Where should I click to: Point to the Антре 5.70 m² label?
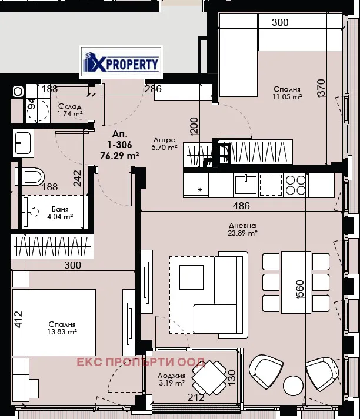pos(165,143)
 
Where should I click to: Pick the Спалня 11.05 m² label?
pos(287,93)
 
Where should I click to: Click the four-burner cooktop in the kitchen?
pos(295,185)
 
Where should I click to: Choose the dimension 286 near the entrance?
pos(154,89)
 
